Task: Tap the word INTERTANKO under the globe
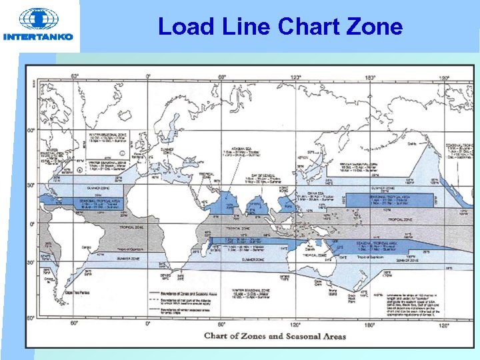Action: click(38, 37)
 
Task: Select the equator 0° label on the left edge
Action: click(31, 224)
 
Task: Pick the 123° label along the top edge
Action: click(296, 77)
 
